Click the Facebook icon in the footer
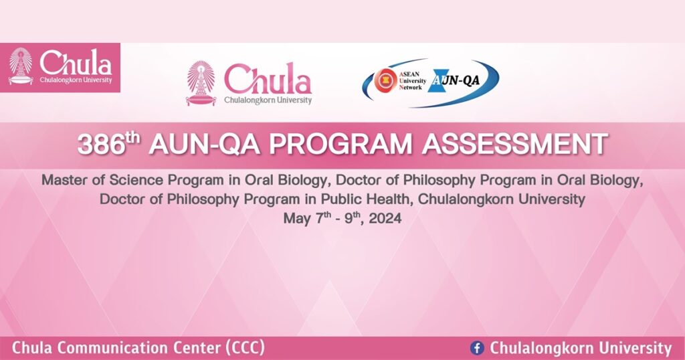pos(477,348)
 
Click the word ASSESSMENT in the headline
pos(514,144)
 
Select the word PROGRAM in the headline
pos(340,144)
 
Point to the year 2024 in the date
pos(385,218)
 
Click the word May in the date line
pos(298,218)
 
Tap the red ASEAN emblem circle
pos(385,81)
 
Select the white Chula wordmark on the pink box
pos(76,64)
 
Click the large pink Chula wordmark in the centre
pos(268,80)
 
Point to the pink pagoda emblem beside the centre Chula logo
pos(201,83)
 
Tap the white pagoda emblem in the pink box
pos(21,66)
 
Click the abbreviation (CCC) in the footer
pos(245,348)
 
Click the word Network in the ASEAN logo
pos(411,88)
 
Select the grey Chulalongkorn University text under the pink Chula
pos(268,100)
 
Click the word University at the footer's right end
pos(635,348)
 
